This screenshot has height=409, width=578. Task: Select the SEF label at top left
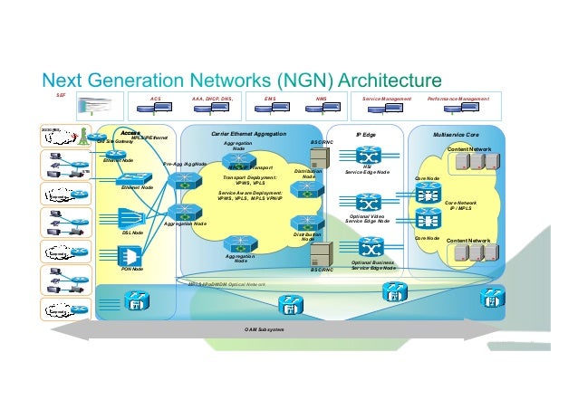click(x=61, y=94)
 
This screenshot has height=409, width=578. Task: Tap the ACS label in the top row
click(x=155, y=96)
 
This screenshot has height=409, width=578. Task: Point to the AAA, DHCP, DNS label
click(x=212, y=96)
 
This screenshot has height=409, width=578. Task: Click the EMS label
click(x=269, y=96)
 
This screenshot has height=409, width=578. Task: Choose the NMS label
click(x=321, y=96)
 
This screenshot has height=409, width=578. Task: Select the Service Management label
click(x=387, y=96)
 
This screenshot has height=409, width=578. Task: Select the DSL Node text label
click(x=132, y=233)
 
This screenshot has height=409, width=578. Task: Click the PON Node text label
click(x=132, y=269)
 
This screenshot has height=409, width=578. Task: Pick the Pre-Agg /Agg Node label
click(x=186, y=164)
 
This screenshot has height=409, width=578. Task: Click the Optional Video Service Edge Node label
click(x=369, y=219)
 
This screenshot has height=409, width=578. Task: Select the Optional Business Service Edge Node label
click(x=373, y=265)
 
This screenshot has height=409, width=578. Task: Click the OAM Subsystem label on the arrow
click(x=264, y=328)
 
